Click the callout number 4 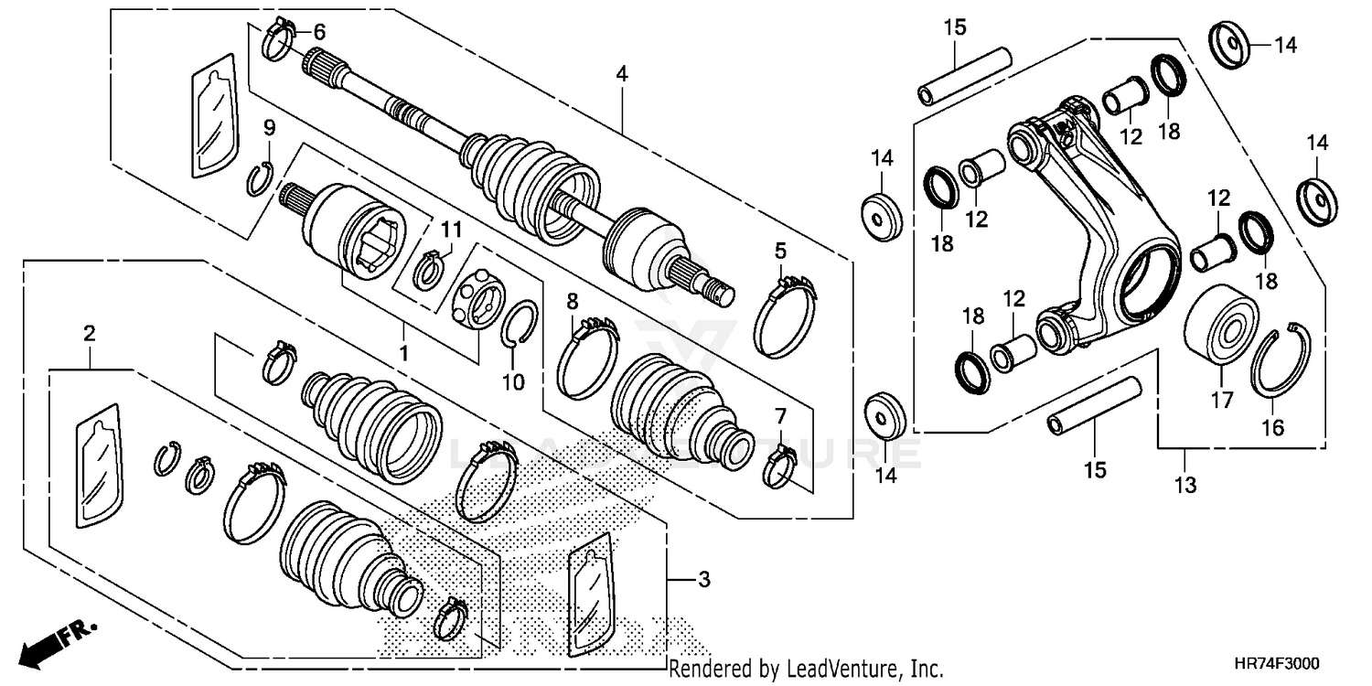click(622, 75)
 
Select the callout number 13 click(1185, 485)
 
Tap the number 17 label click(1222, 400)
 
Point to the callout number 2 click(90, 334)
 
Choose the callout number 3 click(702, 579)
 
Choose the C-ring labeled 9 click(260, 177)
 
